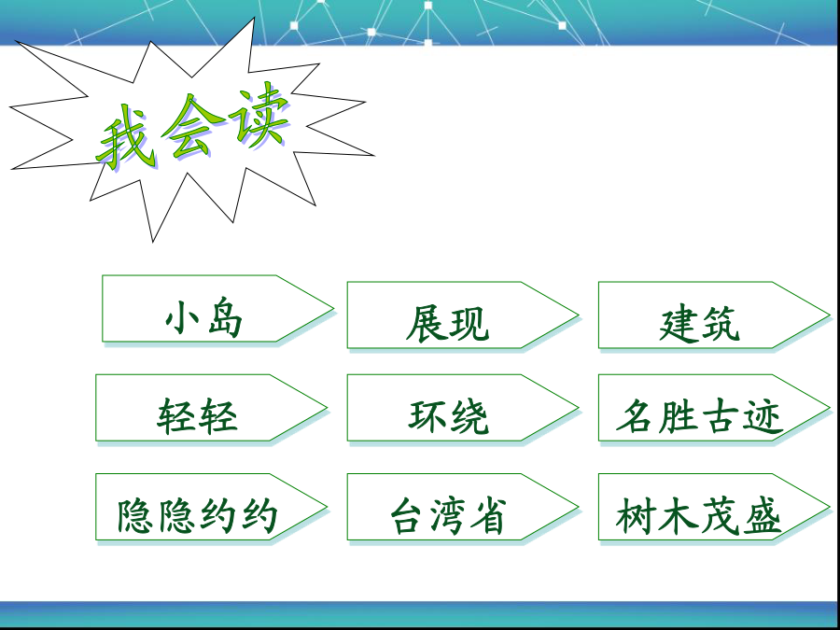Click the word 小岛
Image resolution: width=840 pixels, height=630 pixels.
pos(203,318)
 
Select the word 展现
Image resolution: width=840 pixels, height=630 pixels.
pos(447,324)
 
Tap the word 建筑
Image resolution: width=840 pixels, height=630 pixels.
pos(699,324)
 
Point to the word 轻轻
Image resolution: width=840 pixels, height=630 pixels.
pos(197,415)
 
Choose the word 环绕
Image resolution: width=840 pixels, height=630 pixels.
pos(448,416)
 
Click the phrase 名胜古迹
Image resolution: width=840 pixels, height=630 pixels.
pos(700,416)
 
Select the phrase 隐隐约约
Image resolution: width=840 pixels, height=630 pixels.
pos(197,515)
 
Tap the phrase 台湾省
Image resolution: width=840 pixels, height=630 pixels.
pos(448,515)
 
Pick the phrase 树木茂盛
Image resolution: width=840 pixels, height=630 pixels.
pos(698,515)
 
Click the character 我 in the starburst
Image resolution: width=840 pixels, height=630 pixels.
pos(124,137)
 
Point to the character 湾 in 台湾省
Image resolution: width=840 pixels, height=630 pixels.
pos(448,516)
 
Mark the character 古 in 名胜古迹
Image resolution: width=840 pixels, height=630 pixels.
pos(720,416)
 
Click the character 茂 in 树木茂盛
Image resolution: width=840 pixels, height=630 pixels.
pos(720,515)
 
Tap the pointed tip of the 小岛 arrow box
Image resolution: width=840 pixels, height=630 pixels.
pos(333,309)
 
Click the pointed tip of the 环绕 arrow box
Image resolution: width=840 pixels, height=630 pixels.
pos(578,408)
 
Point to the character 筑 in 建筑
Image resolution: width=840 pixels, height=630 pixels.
pos(721,324)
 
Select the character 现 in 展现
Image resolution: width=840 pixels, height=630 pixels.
pos(469,324)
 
